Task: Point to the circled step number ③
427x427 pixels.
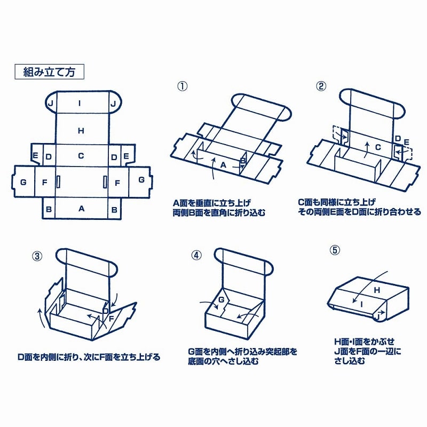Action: [x=37, y=255]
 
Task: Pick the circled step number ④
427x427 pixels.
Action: [x=197, y=255]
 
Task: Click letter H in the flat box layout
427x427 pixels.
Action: [x=81, y=131]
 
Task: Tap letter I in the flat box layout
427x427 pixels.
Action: [x=81, y=103]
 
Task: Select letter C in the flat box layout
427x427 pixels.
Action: [x=81, y=156]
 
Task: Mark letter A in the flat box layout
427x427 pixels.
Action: [x=82, y=209]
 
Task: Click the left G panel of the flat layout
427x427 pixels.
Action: [x=23, y=182]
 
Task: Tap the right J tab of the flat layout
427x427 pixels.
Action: [x=113, y=103]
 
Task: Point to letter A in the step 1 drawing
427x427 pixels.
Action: [x=223, y=165]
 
